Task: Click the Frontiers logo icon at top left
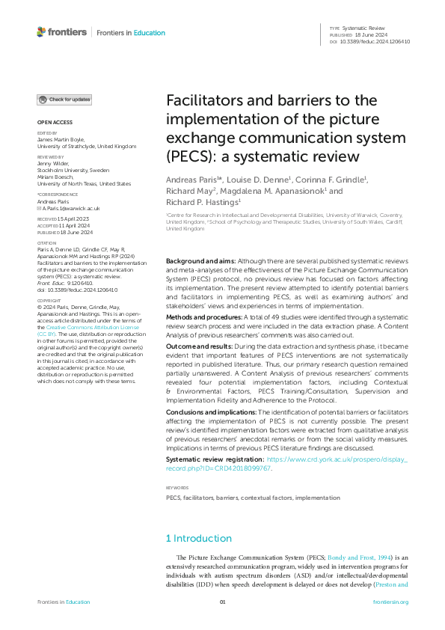point(41,32)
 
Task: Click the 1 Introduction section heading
point(198,538)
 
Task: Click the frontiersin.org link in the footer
point(390,602)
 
